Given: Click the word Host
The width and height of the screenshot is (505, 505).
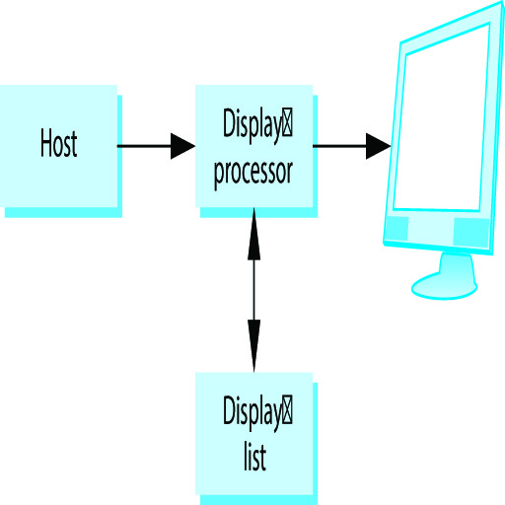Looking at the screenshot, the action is click(59, 143).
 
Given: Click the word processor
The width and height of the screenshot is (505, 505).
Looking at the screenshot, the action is click(252, 173).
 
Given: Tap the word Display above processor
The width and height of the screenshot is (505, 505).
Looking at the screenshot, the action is click(252, 126).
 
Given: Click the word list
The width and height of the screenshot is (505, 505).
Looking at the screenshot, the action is click(254, 457).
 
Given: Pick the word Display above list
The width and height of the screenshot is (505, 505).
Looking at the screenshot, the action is click(252, 413).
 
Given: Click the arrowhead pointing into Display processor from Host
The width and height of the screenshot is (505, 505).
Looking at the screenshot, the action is click(182, 146).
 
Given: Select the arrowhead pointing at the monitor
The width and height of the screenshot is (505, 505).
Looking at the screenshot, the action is click(379, 146).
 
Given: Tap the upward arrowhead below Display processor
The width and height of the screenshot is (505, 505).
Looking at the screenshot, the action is click(253, 234).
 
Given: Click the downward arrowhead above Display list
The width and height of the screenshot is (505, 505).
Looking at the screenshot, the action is click(253, 346).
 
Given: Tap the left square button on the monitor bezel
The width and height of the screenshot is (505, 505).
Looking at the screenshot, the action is click(397, 229).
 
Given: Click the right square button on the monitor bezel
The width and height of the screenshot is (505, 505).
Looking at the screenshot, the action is click(470, 232).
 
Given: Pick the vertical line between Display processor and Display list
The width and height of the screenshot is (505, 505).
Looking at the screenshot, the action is click(253, 290).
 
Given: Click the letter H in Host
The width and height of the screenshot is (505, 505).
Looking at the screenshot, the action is click(46, 142).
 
